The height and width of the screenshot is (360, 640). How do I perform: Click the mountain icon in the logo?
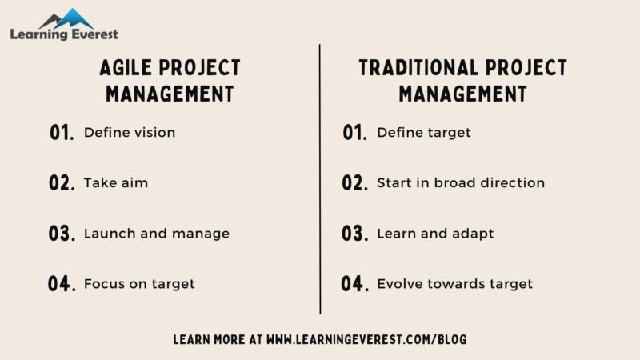[x=66, y=18]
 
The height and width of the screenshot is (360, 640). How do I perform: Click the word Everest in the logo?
[x=92, y=34]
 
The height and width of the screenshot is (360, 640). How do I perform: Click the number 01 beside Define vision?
[x=62, y=133]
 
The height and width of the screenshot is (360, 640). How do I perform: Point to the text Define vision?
[x=129, y=133]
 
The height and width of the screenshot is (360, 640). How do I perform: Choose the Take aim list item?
[x=115, y=183]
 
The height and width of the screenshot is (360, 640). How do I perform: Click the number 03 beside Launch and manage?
[x=62, y=234]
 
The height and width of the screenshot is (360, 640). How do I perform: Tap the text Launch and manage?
[x=156, y=234]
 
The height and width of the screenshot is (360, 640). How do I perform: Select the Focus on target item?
[x=139, y=284]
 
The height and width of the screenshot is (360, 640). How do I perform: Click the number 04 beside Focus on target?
[x=62, y=284]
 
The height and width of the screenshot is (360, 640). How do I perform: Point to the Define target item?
[x=423, y=133]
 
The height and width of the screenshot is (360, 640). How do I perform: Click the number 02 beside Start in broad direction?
[x=354, y=183]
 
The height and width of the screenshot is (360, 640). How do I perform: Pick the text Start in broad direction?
[x=460, y=183]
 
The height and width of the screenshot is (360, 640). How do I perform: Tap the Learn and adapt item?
[x=435, y=234]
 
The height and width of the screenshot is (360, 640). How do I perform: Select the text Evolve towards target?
[x=454, y=284]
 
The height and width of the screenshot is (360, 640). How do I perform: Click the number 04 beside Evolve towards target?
[x=354, y=284]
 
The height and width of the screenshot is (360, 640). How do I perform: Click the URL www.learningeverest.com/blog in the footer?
[x=366, y=339]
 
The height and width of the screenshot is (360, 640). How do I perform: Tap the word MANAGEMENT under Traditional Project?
[x=462, y=94]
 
